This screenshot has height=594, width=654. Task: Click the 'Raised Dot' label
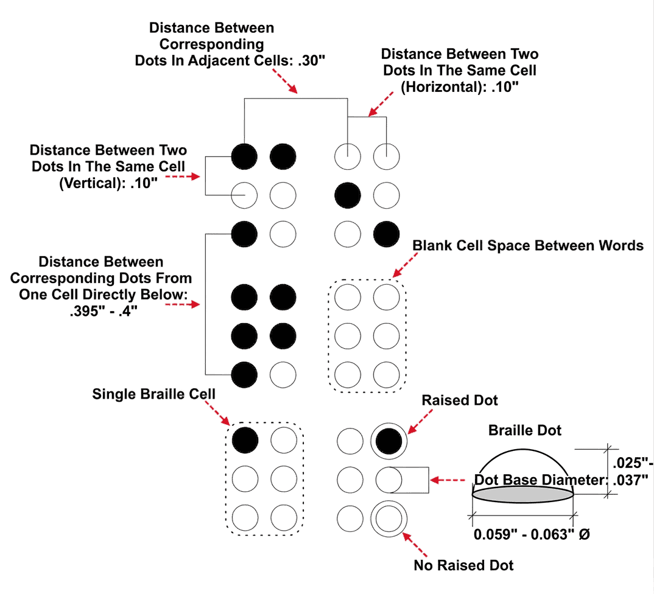coord(460,400)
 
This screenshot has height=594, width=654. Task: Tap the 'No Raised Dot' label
coord(463,565)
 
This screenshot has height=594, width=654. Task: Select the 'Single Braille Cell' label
coord(153,394)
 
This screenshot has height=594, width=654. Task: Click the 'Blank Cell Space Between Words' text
coord(527,245)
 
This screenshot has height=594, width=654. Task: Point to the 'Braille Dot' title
coord(524,430)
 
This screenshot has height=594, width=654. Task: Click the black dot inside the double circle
coord(389,441)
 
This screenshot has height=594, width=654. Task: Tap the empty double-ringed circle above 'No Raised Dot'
coord(389,518)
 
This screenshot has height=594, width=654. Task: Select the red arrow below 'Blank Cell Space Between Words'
coord(402,267)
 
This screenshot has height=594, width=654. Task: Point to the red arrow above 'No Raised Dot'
coord(416,543)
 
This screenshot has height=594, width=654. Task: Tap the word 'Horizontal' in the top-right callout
coord(440,86)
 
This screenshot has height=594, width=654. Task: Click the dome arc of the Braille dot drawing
coord(523,452)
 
